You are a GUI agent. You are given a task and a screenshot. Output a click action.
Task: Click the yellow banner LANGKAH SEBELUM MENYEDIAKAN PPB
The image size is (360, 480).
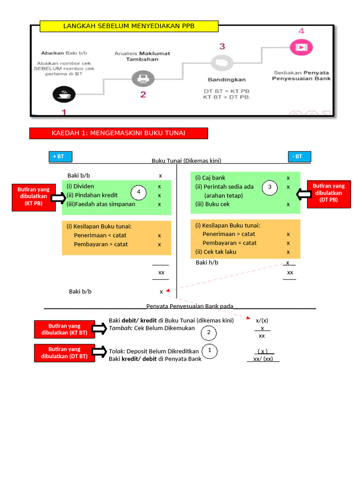tap(129, 26)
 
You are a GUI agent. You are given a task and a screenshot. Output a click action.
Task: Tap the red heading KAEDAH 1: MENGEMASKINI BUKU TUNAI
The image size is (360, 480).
tap(119, 134)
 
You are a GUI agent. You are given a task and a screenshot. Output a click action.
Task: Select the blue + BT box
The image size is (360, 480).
tap(60, 157)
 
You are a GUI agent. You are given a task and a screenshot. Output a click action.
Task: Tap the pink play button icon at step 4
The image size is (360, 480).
tap(301, 47)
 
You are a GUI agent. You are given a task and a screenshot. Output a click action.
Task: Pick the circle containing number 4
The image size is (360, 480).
tap(138, 192)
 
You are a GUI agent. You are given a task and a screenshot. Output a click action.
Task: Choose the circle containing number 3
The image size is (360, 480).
tap(270, 187)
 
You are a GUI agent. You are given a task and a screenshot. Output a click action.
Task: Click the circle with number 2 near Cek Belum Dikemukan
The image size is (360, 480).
tap(209, 333)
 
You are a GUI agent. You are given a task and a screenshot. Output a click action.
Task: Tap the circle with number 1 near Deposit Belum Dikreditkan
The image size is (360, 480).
tap(210, 351)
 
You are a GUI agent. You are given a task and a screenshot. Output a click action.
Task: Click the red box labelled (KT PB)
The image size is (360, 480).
tap(33, 196)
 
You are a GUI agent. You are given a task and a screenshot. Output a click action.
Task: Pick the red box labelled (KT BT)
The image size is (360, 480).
tap(64, 329)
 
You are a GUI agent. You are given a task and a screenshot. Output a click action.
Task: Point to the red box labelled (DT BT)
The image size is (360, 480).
tap(64, 352)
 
